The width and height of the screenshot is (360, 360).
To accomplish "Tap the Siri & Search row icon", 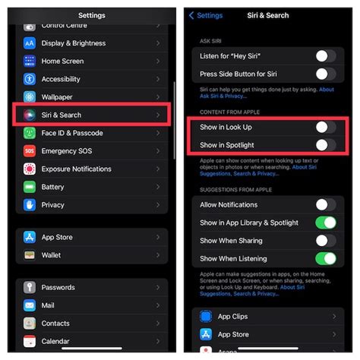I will click(x=30, y=115).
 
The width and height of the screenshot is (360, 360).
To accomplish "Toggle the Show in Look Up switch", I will click(x=325, y=128).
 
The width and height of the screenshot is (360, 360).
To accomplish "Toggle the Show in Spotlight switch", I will click(x=325, y=144).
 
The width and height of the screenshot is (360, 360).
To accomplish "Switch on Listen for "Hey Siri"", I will click(x=325, y=56).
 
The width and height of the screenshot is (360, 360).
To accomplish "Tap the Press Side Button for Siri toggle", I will click(x=325, y=74).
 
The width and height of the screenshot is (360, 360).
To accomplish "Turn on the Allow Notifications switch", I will click(x=325, y=204).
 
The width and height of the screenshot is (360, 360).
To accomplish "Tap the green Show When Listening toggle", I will click(x=325, y=259).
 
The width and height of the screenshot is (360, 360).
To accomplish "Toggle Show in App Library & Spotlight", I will click(x=325, y=223).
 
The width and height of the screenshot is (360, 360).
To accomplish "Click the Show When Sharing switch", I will click(x=325, y=241).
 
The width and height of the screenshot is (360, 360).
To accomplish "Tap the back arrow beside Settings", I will click(x=191, y=15).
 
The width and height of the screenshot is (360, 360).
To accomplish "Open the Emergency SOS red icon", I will click(x=30, y=150).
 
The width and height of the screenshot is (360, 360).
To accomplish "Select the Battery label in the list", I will click(x=52, y=187).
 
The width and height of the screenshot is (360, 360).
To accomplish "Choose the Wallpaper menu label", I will click(x=56, y=96).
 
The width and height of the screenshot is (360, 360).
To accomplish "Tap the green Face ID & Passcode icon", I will click(x=30, y=133).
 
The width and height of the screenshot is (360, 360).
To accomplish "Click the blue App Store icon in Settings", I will click(x=30, y=237).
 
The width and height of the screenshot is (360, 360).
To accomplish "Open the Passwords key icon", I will click(x=30, y=287).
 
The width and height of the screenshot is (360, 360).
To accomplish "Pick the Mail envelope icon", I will click(x=30, y=305).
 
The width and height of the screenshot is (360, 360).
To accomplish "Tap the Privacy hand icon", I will click(x=30, y=204).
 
